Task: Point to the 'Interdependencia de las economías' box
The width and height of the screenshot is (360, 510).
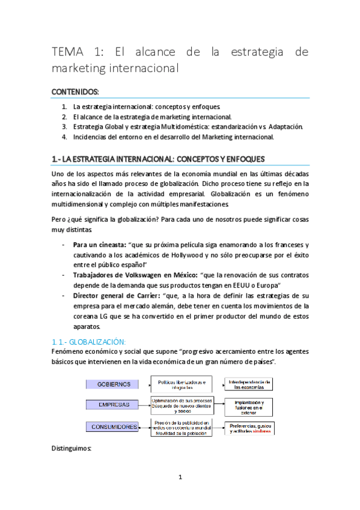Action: coord(249,384)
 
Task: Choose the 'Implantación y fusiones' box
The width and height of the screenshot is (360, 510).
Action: coord(249,407)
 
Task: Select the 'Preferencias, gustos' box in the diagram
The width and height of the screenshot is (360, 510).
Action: coord(249,428)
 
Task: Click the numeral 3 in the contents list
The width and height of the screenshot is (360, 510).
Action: coord(64,127)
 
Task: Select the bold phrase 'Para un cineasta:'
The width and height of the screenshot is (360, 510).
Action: coord(99,245)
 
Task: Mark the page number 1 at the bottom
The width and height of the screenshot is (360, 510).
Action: coord(180,478)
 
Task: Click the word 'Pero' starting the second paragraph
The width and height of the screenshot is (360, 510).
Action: coord(59,220)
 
